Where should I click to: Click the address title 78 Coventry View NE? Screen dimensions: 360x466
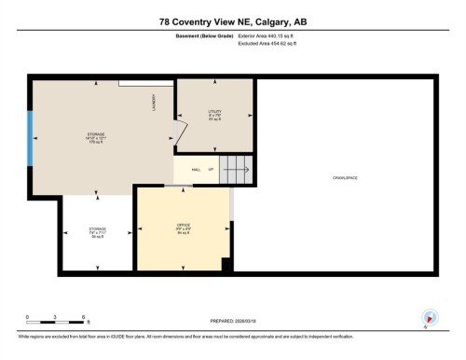pyautogui.click(x=233, y=21)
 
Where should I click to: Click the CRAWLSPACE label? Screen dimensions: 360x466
pyautogui.click(x=345, y=177)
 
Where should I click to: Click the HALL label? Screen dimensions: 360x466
pyautogui.click(x=197, y=170)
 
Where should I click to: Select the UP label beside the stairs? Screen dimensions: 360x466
pyautogui.click(x=212, y=170)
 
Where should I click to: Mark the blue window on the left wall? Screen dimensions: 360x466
pyautogui.click(x=30, y=137)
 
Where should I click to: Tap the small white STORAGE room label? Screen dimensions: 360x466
pyautogui.click(x=97, y=231)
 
